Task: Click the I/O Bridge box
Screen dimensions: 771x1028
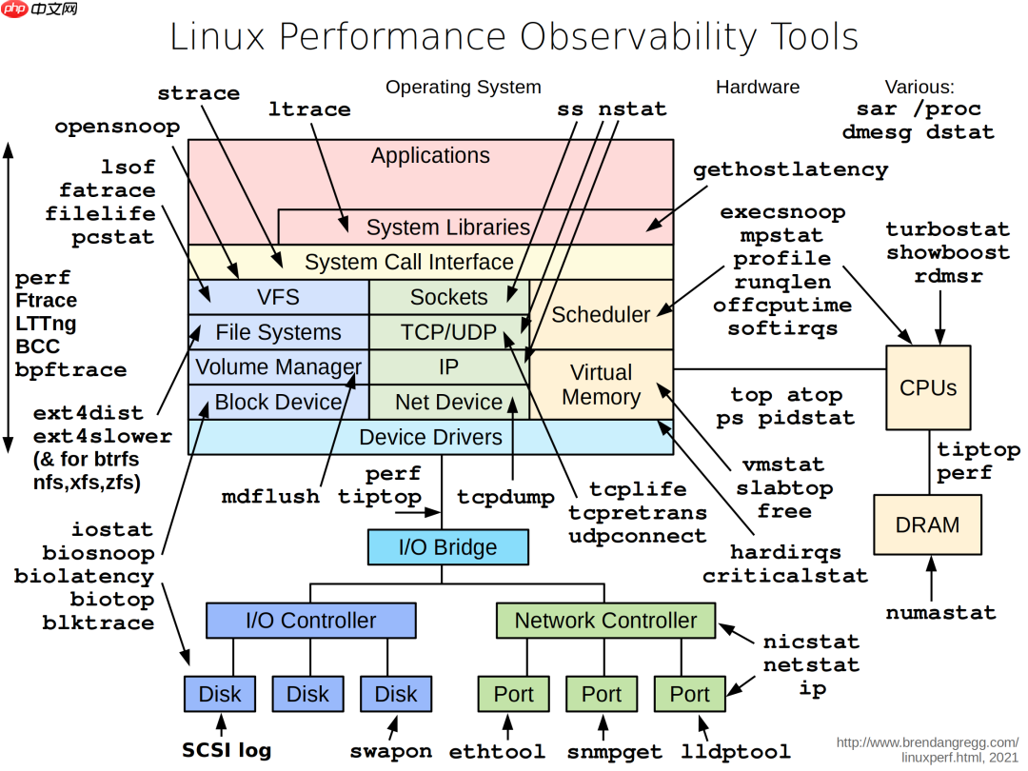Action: [x=447, y=547]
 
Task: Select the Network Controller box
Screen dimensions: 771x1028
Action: [x=605, y=621]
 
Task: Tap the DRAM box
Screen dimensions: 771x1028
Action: [x=928, y=524]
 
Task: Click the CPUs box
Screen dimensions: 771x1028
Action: [x=928, y=387]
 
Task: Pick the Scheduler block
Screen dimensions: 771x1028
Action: [x=602, y=314]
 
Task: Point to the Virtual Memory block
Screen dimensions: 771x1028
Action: [x=602, y=385]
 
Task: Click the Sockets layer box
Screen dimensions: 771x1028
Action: [x=448, y=297]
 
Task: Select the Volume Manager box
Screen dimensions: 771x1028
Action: [x=278, y=366]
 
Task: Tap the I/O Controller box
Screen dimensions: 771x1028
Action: [x=310, y=621]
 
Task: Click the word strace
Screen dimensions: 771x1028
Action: [x=198, y=93]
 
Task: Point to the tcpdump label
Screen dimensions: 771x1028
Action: [x=505, y=497]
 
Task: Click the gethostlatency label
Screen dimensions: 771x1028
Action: [x=790, y=170]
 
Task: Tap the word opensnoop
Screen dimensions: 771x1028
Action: [x=117, y=128]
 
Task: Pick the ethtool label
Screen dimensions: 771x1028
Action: [x=497, y=751]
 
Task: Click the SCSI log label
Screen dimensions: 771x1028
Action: [x=227, y=750]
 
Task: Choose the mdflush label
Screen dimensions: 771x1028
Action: [x=270, y=496]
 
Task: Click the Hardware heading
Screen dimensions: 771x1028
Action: [x=758, y=87]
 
